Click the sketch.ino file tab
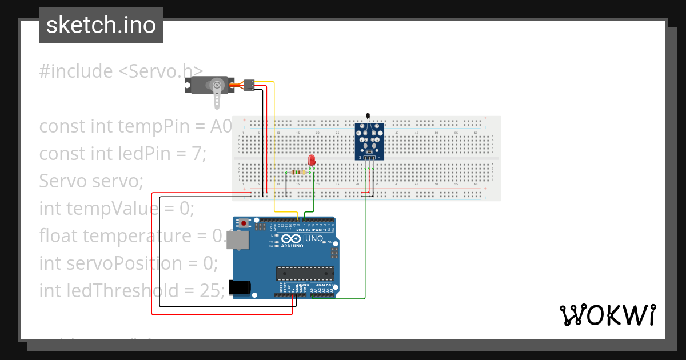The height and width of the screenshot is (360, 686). coord(101,25)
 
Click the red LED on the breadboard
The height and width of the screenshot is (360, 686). coord(312,161)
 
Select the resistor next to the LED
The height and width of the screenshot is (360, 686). coord(298,172)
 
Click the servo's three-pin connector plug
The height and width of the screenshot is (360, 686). coord(249,85)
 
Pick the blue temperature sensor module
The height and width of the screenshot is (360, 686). coord(369,142)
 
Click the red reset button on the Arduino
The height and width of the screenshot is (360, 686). coord(244,223)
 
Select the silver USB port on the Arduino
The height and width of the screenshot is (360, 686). coord(238,243)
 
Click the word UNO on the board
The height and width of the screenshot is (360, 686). coord(314,238)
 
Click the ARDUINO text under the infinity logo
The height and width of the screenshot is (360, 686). coord(292,246)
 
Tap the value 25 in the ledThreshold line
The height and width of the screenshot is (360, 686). coord(209,291)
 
